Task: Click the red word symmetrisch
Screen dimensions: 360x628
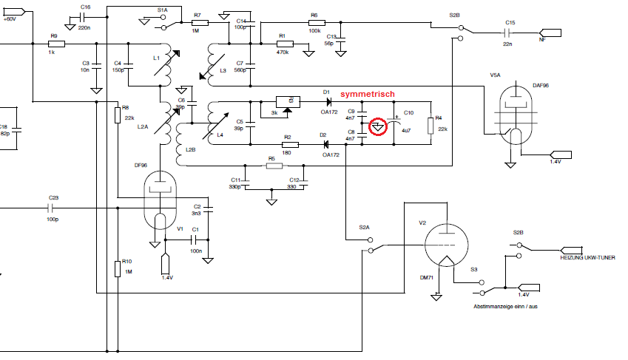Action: point(367,95)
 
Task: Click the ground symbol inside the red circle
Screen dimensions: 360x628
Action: point(378,127)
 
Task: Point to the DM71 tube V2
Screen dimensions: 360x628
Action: point(446,244)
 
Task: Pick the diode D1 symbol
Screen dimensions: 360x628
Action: point(325,101)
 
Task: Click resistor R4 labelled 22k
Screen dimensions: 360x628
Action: point(430,123)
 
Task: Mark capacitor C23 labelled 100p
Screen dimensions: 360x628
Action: point(52,208)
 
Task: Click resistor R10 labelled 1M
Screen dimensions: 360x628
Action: point(117,268)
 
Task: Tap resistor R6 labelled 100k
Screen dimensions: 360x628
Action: point(316,24)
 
